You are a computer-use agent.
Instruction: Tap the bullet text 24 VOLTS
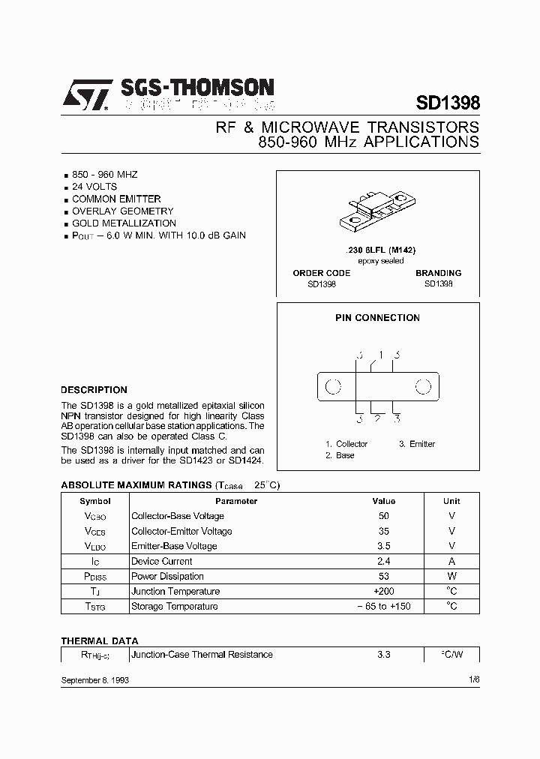94,187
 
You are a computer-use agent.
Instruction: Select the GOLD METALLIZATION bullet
124,223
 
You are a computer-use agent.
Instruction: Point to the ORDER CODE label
321,273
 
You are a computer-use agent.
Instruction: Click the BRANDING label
438,273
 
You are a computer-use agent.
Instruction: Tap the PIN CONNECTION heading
377,317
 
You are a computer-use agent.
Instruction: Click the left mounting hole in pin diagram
333,387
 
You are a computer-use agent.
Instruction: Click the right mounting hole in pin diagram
424,387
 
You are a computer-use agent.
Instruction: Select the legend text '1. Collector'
346,444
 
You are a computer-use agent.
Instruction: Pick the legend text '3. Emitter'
416,444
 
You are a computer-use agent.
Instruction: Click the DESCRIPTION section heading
94,390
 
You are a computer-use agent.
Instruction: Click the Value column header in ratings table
383,501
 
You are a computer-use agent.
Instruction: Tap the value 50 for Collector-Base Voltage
383,516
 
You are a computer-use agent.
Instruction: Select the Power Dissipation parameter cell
167,576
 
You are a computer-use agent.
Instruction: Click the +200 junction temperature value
383,591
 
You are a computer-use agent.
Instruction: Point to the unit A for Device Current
451,561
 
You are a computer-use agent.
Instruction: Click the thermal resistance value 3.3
383,655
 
